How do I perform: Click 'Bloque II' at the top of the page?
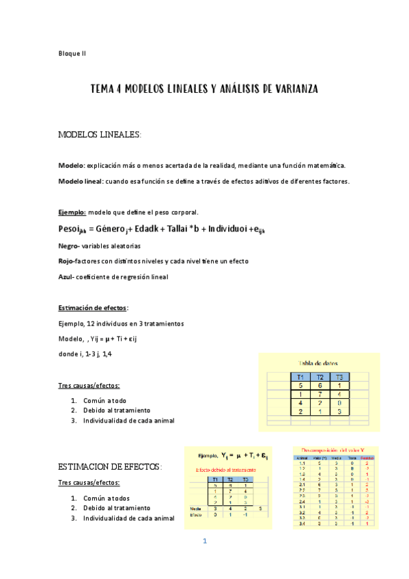tap(72, 52)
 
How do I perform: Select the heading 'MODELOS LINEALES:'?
tap(100, 135)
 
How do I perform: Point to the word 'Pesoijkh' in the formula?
tap(72, 228)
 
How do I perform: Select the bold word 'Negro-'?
tap(70, 244)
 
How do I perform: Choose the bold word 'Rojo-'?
tap(68, 261)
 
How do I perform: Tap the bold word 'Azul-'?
tap(68, 277)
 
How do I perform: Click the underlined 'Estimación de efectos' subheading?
tap(83, 308)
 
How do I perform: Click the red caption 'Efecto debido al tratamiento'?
tap(225, 470)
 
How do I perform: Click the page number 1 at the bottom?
tap(204, 541)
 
